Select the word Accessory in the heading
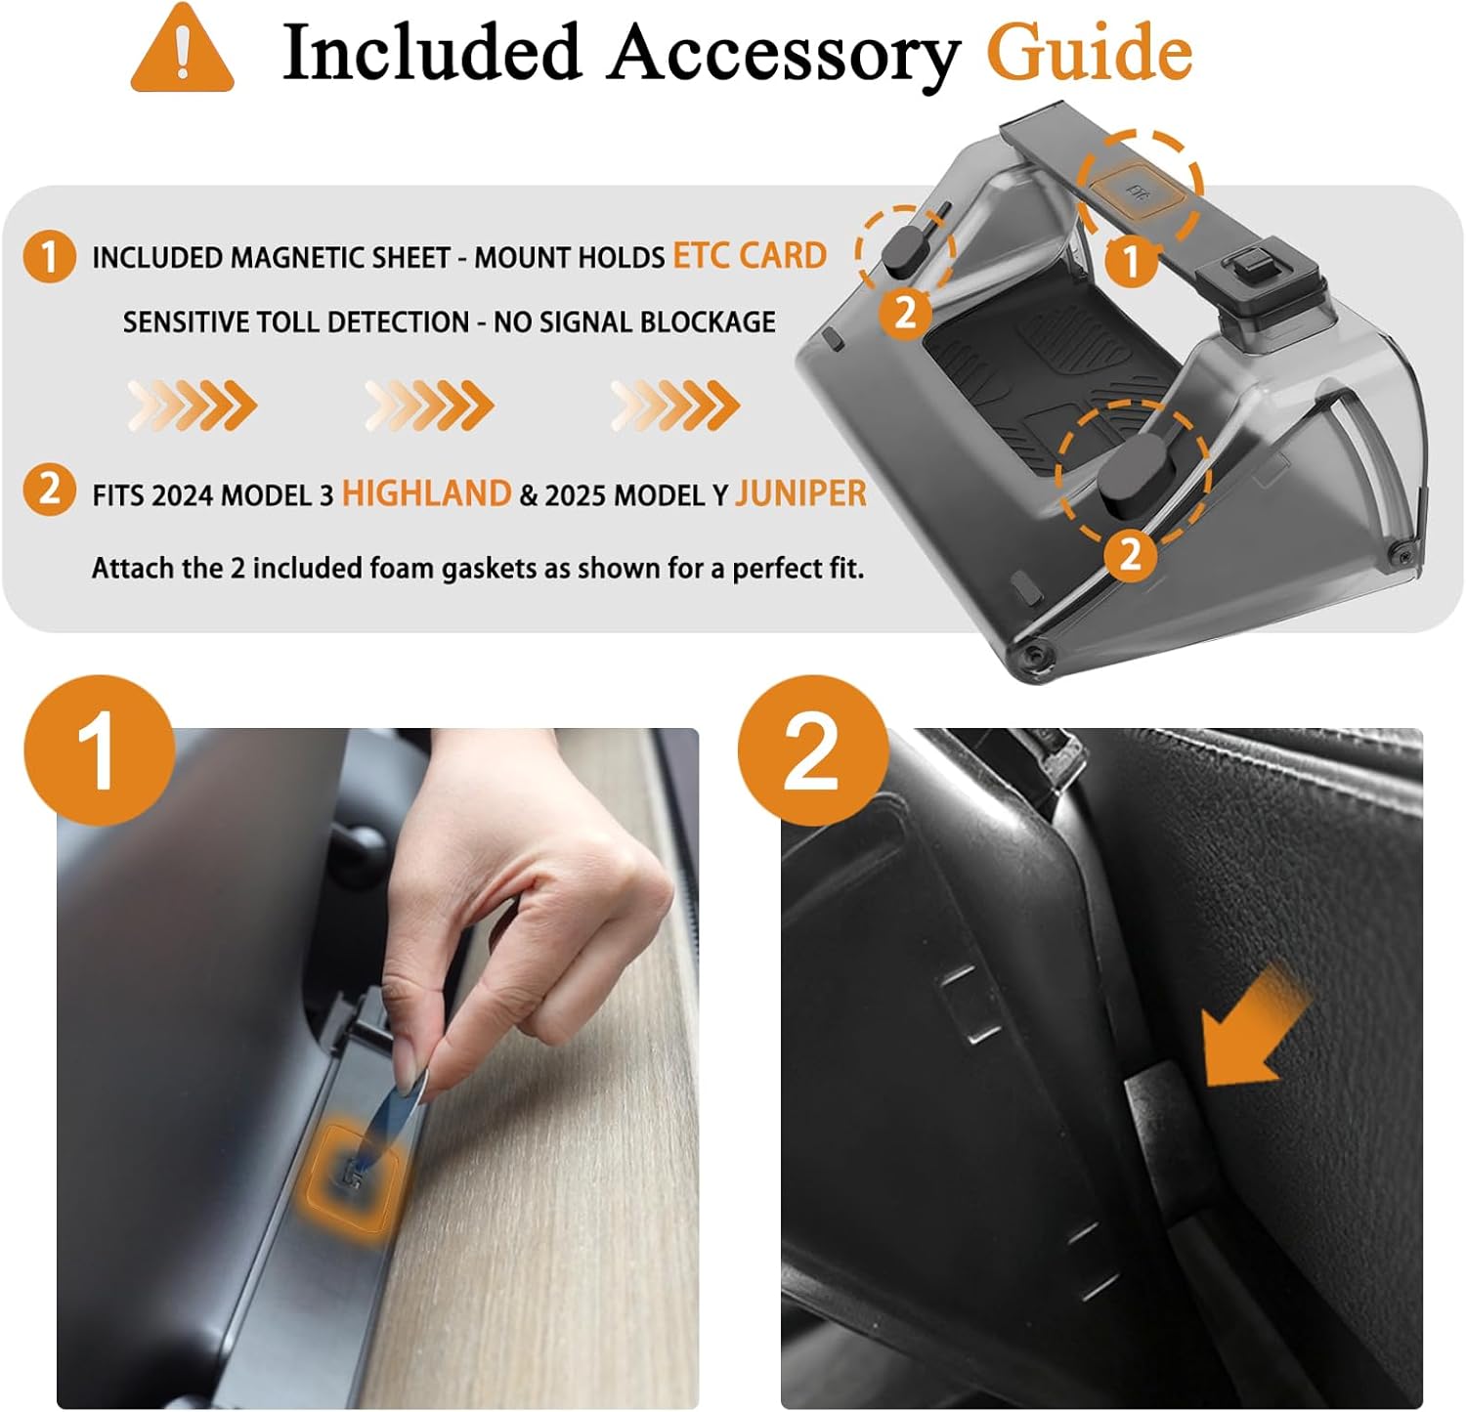[784, 55]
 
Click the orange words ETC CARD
[750, 255]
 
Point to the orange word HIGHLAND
[426, 493]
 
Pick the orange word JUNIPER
[800, 493]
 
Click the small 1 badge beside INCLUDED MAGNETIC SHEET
[49, 257]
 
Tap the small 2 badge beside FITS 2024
[49, 489]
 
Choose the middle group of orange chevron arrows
[430, 405]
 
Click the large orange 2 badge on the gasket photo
[812, 750]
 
